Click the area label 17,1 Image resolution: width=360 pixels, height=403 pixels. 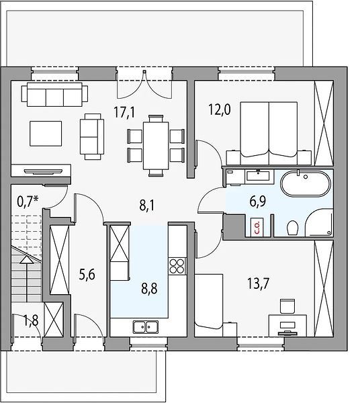pyautogui.click(x=124, y=113)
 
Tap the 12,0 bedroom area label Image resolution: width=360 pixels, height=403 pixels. pyautogui.click(x=219, y=109)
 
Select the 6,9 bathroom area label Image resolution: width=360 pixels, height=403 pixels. pyautogui.click(x=257, y=201)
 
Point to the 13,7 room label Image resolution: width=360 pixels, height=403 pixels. pyautogui.click(x=258, y=283)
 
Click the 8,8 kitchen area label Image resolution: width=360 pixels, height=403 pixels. pyautogui.click(x=149, y=288)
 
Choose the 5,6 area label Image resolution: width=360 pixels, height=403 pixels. pyautogui.click(x=87, y=275)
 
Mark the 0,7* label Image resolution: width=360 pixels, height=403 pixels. pyautogui.click(x=28, y=201)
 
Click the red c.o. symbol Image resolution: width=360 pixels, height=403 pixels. pyautogui.click(x=257, y=227)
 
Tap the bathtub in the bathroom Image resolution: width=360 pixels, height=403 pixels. pyautogui.click(x=306, y=183)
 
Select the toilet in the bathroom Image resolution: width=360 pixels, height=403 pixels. pyautogui.click(x=292, y=228)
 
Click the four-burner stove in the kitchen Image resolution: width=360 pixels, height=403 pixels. pyautogui.click(x=177, y=266)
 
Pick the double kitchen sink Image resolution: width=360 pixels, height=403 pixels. pyautogui.click(x=146, y=326)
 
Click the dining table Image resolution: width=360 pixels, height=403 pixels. pyautogui.click(x=156, y=146)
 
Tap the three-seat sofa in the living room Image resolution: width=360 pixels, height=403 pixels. pyautogui.click(x=54, y=94)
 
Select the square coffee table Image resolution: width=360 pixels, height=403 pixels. pyautogui.click(x=46, y=134)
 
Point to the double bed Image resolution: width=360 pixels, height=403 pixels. pyautogui.click(x=269, y=133)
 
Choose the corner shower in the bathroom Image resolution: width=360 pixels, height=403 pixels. pyautogui.click(x=320, y=222)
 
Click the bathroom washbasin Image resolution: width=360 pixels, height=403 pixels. pyautogui.click(x=258, y=176)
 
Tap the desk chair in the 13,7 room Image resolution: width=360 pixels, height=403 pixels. pyautogui.click(x=287, y=306)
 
